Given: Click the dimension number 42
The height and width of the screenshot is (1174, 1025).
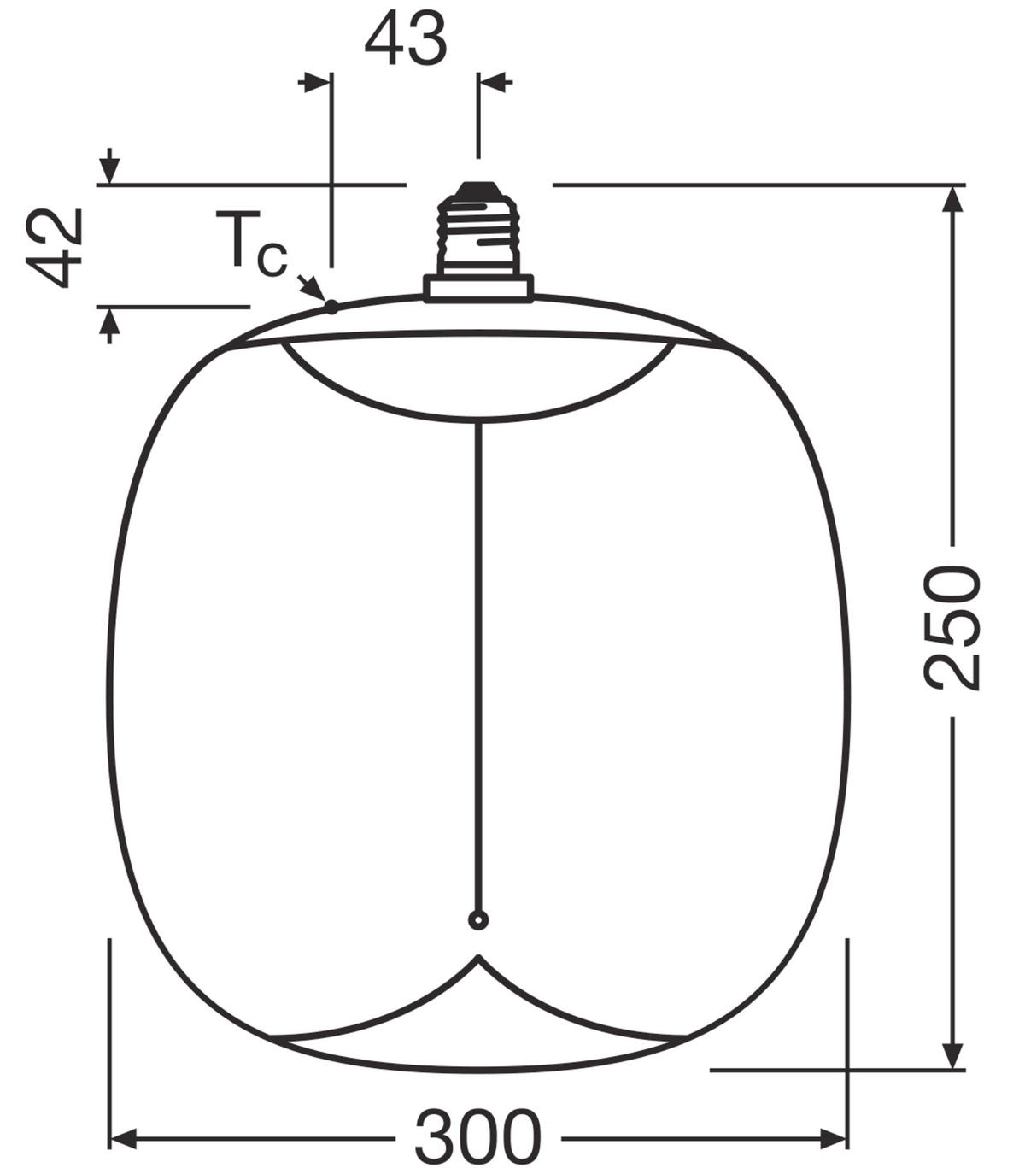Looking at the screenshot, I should pyautogui.click(x=55, y=248).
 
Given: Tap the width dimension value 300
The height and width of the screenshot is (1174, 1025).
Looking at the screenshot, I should pyautogui.click(x=477, y=1137).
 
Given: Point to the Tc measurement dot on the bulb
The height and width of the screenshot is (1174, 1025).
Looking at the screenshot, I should pyautogui.click(x=331, y=307).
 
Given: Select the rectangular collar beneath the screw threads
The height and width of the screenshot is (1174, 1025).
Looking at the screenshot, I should pyautogui.click(x=478, y=287).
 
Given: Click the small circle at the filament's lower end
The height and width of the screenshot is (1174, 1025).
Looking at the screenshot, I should pyautogui.click(x=478, y=919).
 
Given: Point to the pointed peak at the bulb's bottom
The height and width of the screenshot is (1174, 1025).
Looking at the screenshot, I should pyautogui.click(x=478, y=958).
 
